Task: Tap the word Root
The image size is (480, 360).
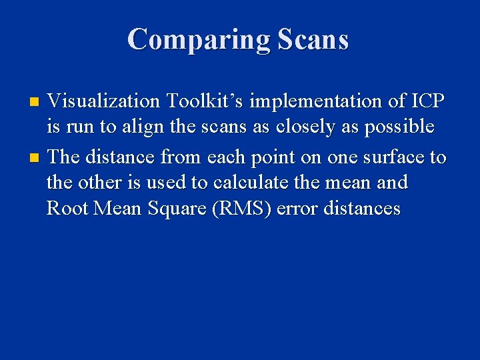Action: click(x=67, y=209)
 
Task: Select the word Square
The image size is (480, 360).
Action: click(x=174, y=209)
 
